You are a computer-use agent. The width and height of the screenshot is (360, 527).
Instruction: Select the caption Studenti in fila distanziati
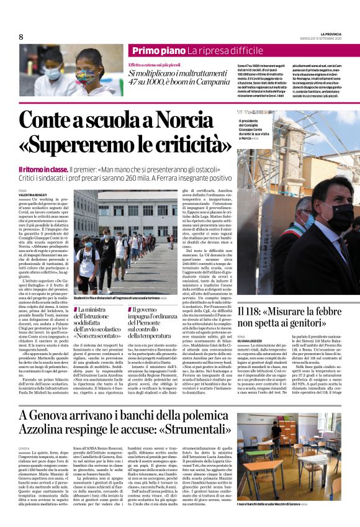click(x=115, y=298)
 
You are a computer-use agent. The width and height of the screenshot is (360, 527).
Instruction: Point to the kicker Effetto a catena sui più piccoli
click(x=154, y=65)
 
